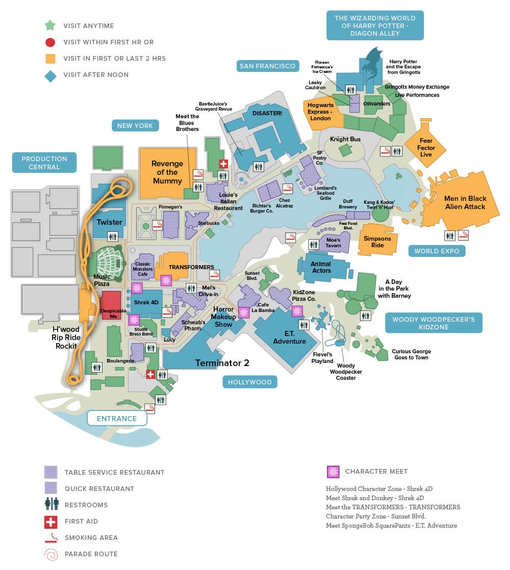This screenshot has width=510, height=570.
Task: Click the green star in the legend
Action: pos(49,25)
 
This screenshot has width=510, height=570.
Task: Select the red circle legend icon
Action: pos(49,42)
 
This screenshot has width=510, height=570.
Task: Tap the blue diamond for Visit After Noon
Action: pos(49,74)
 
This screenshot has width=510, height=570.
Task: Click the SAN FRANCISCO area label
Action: pos(267,66)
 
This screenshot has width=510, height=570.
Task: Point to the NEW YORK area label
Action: pos(135,125)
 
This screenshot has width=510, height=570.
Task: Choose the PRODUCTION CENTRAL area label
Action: pos(44,163)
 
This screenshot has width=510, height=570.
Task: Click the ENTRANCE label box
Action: pos(117,419)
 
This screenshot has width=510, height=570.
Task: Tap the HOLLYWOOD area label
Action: pos(250,382)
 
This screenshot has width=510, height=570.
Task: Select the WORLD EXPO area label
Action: pos(437,251)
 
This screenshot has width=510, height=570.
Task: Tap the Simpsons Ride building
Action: pos(377,242)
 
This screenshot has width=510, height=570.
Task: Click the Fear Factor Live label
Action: pos(426,147)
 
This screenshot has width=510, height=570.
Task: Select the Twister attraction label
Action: pos(110,222)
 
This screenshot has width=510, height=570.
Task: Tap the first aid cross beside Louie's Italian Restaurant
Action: pos(223,164)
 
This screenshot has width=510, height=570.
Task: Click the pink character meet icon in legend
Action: pos(333,472)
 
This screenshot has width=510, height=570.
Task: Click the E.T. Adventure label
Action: pos(289,338)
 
